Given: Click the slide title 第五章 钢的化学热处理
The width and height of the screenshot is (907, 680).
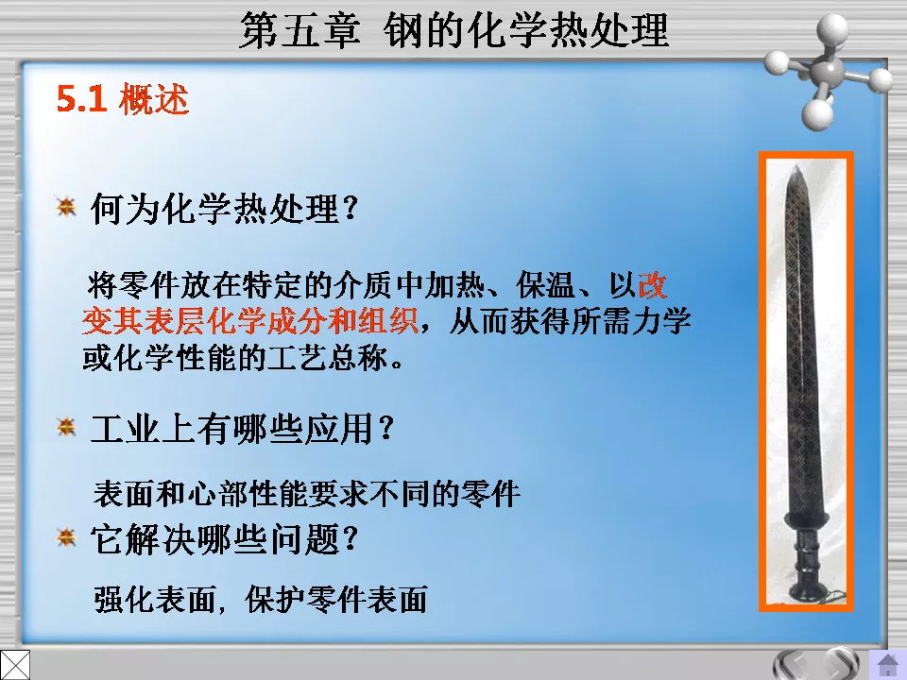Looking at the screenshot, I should pyautogui.click(x=453, y=30).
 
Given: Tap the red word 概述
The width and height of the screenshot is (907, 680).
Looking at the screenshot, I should pyautogui.click(x=154, y=100).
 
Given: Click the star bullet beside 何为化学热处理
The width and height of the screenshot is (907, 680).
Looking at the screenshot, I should pyautogui.click(x=65, y=206).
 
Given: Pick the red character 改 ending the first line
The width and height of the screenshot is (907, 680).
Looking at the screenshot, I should pyautogui.click(x=653, y=283).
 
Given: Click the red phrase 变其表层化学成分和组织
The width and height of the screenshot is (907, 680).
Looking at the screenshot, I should pyautogui.click(x=249, y=321).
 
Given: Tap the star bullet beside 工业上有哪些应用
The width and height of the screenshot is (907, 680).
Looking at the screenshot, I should pyautogui.click(x=65, y=428).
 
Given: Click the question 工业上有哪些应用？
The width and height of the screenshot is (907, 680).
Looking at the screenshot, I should pyautogui.click(x=242, y=430).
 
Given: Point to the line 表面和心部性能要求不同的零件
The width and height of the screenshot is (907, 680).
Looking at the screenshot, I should pyautogui.click(x=307, y=492).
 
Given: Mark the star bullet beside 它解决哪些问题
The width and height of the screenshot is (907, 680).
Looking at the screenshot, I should pyautogui.click(x=65, y=538).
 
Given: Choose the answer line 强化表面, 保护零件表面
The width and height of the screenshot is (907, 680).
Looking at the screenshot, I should pyautogui.click(x=261, y=600).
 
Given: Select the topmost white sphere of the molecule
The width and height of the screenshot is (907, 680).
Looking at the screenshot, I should pyautogui.click(x=833, y=25).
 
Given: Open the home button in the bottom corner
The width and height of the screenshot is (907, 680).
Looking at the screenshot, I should pyautogui.click(x=888, y=665).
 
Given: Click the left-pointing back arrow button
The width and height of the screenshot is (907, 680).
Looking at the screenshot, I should pyautogui.click(x=792, y=664).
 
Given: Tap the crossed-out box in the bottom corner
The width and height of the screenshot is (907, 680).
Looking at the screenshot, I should pyautogui.click(x=15, y=664).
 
